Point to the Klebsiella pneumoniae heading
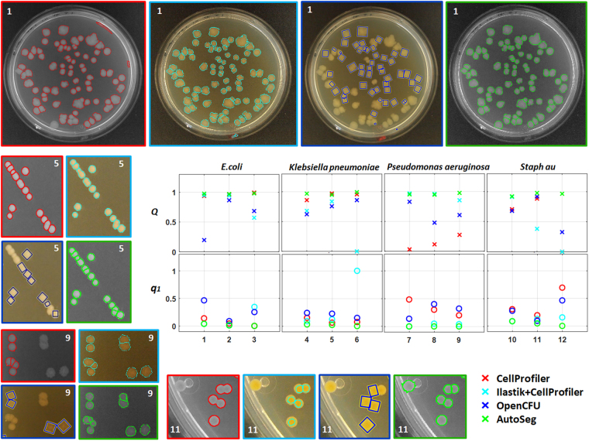click(332, 167)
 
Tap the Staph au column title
click(537, 166)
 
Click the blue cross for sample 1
click(204, 240)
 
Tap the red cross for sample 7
click(409, 249)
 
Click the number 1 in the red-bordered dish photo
click(11, 11)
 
